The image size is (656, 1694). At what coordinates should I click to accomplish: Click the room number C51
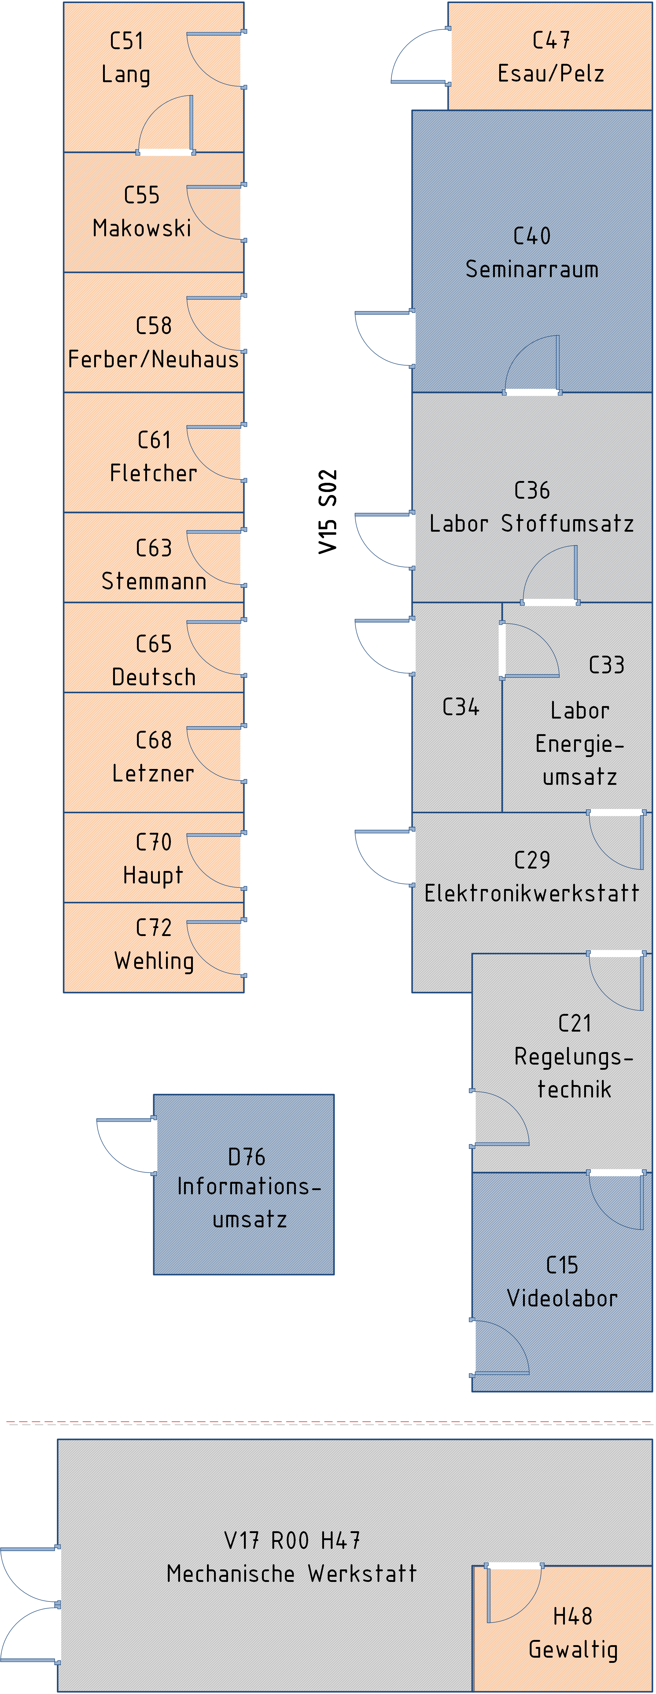pos(126,41)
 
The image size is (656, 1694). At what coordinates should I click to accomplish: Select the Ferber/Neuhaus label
pos(153,359)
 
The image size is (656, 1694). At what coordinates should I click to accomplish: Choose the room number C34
pos(461,707)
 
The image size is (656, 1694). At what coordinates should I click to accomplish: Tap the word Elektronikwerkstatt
pos(532,893)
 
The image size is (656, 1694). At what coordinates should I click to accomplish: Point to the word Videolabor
pos(562,1298)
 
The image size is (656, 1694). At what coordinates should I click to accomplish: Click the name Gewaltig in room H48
pos(573,1649)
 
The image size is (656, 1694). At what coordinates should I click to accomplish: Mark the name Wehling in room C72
pos(154,961)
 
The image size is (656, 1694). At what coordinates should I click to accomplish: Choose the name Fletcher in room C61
pos(153,473)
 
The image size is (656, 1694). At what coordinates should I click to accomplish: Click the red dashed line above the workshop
pos(329,1423)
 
